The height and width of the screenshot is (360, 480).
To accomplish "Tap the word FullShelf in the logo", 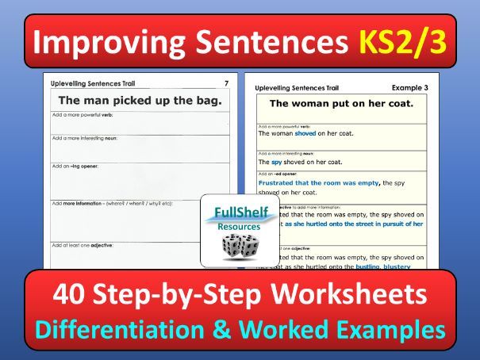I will [240, 213].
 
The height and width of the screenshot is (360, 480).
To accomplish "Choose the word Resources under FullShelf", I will [240, 227].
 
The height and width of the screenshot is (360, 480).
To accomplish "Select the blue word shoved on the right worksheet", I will [309, 133].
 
